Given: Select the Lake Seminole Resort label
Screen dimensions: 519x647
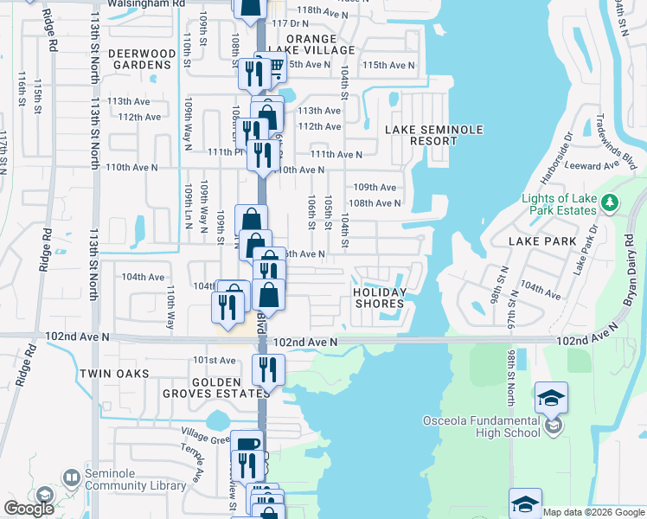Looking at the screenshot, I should coord(421,135).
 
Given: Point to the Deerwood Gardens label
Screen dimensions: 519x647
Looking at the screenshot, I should coord(139,59).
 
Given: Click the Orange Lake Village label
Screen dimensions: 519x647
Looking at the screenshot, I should coord(299,45).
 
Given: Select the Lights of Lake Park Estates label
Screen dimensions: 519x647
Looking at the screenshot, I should coord(559,204).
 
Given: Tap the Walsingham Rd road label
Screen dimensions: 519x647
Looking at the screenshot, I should coord(147,3).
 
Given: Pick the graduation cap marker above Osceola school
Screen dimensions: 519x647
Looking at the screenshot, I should coord(551,397).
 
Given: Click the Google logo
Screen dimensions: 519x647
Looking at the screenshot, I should coord(29,509).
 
